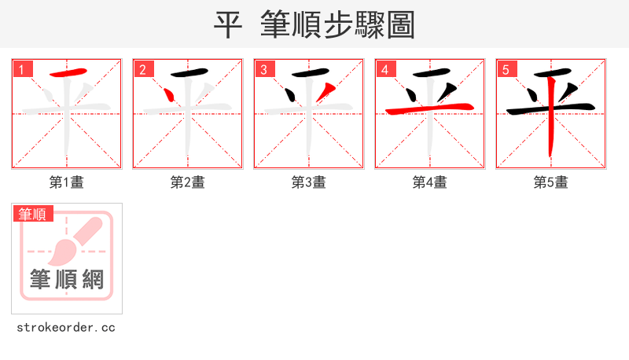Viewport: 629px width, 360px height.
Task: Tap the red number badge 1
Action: [x=22, y=69]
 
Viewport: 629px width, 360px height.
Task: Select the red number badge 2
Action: [x=143, y=69]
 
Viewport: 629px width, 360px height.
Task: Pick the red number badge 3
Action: [x=264, y=69]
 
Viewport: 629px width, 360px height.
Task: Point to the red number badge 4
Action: [x=385, y=69]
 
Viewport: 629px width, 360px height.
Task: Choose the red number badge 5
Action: [x=506, y=69]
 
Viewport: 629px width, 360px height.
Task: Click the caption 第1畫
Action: [x=67, y=182]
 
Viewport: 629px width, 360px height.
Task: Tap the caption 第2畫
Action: [x=188, y=182]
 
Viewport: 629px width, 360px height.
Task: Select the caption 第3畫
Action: [x=309, y=182]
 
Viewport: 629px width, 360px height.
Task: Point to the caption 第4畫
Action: [x=430, y=182]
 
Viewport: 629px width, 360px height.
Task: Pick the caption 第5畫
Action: [x=551, y=182]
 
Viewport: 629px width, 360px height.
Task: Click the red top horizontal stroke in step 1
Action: [x=68, y=74]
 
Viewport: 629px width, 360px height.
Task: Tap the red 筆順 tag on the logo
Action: [x=32, y=214]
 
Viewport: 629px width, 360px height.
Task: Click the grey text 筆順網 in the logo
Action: [x=67, y=278]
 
